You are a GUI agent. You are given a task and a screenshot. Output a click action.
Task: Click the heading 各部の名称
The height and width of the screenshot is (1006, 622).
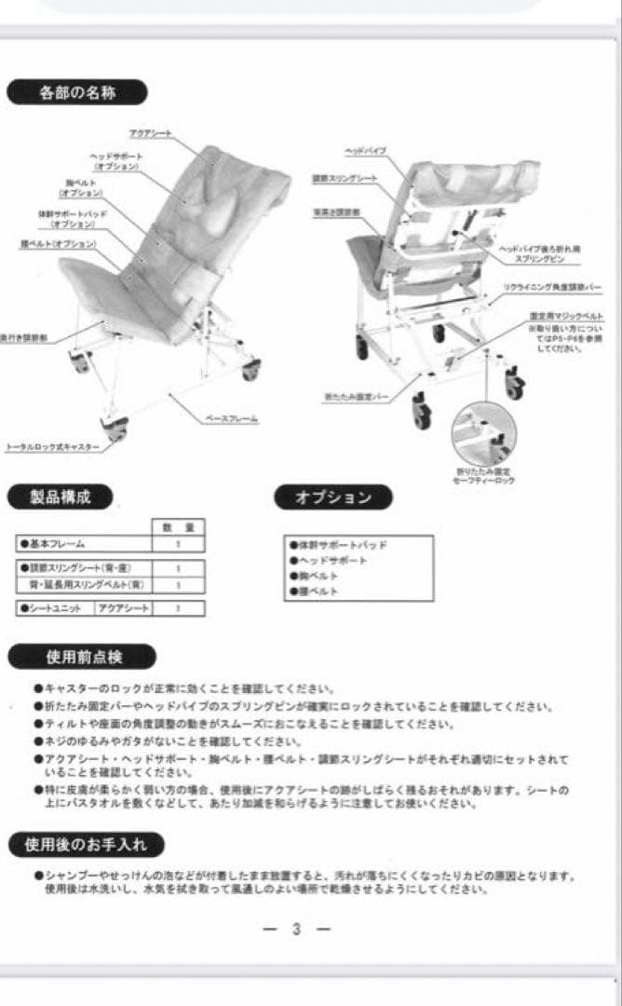pos(77,93)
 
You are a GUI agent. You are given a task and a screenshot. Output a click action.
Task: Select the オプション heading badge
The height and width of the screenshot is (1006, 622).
pos(332,497)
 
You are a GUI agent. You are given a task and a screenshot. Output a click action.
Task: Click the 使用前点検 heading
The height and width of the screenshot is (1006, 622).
pos(84,657)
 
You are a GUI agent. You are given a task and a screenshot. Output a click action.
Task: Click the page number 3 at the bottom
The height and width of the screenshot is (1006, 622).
pos(296,929)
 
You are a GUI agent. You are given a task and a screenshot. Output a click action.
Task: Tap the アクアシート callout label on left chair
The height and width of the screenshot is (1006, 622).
pos(149,134)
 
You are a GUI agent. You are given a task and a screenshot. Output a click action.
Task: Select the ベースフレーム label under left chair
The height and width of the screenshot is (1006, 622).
pos(231,418)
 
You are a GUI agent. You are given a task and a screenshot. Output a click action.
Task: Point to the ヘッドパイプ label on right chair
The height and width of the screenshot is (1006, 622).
pos(365,150)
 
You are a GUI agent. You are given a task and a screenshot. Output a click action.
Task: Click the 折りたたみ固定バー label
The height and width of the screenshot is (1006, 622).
pos(357,397)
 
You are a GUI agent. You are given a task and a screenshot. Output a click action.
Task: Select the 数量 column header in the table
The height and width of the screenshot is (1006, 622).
pos(177,527)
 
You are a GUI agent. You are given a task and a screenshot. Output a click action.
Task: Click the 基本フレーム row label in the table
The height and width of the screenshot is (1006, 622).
pos(56,544)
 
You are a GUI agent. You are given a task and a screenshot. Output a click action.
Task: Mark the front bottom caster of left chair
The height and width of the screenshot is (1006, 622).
pos(115,428)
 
